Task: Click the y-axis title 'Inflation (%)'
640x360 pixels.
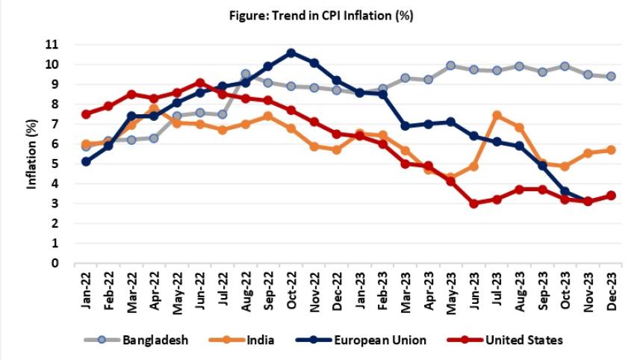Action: pyautogui.click(x=32, y=154)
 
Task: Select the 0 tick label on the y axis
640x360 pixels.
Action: pyautogui.click(x=55, y=263)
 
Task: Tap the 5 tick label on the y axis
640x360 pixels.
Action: pyautogui.click(x=55, y=164)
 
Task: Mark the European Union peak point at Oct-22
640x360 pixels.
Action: pyautogui.click(x=291, y=53)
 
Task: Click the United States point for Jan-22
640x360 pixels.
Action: pyautogui.click(x=87, y=114)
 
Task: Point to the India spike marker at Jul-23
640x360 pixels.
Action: pyautogui.click(x=497, y=116)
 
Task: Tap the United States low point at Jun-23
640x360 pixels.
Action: pyautogui.click(x=473, y=203)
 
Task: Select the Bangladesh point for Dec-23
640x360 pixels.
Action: pyautogui.click(x=611, y=76)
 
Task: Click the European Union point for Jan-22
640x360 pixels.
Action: pyautogui.click(x=87, y=161)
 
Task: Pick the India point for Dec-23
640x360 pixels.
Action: pyautogui.click(x=611, y=149)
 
